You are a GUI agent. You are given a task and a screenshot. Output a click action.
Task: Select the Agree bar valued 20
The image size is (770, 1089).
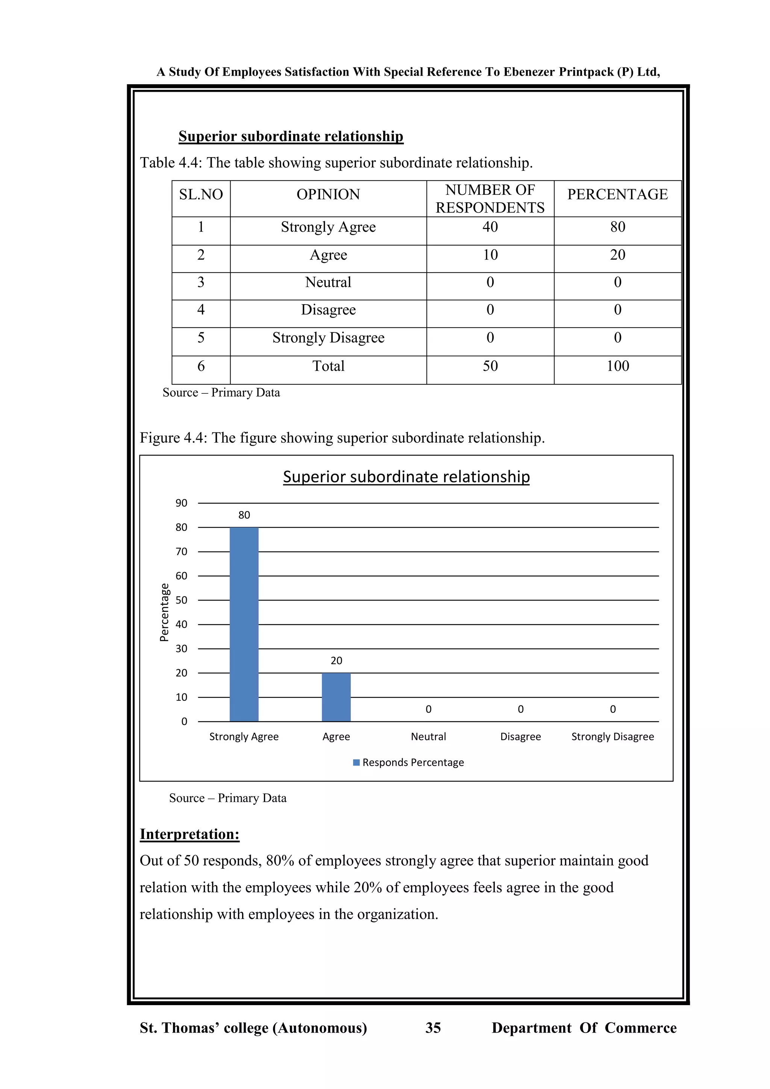pos(336,697)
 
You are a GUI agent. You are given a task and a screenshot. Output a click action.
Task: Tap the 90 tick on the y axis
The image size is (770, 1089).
pos(181,503)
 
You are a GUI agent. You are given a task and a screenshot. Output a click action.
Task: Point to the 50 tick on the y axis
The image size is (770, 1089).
pos(181,600)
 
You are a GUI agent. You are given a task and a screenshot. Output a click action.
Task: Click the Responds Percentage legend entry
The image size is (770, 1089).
pos(409,762)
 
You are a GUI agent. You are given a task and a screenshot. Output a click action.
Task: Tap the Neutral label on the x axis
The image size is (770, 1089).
pos(428,737)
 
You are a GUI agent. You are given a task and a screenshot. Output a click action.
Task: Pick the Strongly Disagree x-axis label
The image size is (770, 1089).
pos(612,737)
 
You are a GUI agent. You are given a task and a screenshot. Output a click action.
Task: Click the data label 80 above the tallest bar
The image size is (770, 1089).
pos(244,515)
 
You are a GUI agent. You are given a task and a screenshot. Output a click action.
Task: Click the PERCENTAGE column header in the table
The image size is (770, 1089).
pos(617,194)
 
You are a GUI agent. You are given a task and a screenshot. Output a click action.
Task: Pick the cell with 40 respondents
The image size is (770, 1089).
pos(490,227)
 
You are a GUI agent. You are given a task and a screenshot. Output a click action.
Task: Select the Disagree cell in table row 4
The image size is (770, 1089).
pos(328,310)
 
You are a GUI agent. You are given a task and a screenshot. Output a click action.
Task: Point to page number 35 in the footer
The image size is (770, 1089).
pos(433,1028)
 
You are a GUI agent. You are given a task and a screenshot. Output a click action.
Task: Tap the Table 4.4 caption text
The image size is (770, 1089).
pos(336,163)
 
